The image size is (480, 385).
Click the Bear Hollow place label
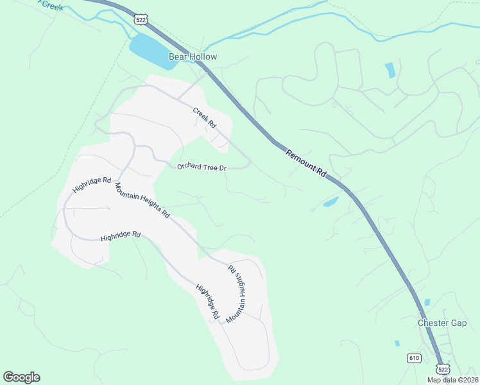(193, 57)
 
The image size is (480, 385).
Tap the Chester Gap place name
(442, 323)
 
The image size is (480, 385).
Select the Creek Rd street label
(204, 118)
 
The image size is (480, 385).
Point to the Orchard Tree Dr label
(202, 167)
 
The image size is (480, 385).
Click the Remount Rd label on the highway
(306, 164)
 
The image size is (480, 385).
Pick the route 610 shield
(414, 357)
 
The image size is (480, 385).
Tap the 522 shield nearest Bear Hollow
(140, 20)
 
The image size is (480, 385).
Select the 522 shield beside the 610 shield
(443, 369)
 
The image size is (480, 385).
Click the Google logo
(21, 377)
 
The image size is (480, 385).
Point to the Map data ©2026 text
(453, 380)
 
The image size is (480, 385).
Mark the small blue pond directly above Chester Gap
(427, 302)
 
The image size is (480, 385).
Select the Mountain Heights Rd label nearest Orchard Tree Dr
(142, 200)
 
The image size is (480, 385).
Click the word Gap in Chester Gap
(458, 323)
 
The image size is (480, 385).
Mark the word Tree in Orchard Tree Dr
(210, 167)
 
